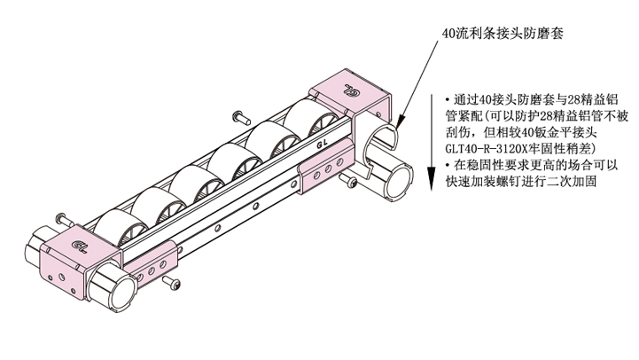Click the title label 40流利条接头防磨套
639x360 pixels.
click(503, 33)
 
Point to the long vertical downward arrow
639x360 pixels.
click(432, 142)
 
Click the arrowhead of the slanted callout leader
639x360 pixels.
click(401, 121)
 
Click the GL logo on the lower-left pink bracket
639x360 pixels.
click(79, 246)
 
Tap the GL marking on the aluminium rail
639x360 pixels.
click(323, 145)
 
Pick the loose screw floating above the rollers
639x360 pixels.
click(241, 118)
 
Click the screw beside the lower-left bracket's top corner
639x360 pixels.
click(65, 219)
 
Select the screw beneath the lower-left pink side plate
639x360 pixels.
click(171, 282)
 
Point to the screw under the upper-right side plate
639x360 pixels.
click(349, 180)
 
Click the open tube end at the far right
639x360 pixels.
click(399, 180)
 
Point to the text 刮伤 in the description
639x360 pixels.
click(458, 132)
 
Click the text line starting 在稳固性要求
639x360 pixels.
click(532, 165)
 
